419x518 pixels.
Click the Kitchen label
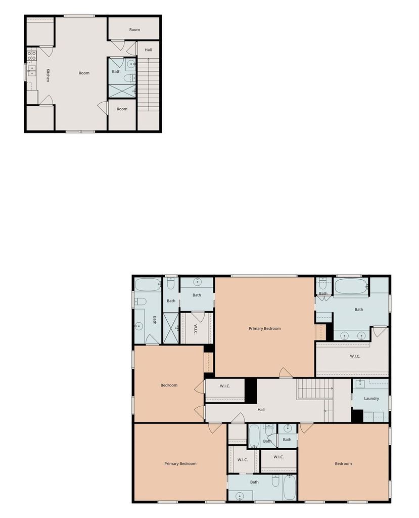(x=48, y=75)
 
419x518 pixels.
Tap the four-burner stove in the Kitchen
(x=32, y=56)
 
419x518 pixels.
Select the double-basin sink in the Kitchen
(x=32, y=71)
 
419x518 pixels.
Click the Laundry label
(x=371, y=399)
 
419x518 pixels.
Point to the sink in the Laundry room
(x=360, y=384)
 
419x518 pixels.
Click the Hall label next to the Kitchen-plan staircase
(x=148, y=50)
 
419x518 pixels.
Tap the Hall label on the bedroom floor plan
(x=261, y=410)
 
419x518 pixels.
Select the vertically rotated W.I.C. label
(x=196, y=329)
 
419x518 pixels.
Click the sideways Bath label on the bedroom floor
(x=155, y=320)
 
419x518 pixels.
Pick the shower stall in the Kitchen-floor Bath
(x=122, y=91)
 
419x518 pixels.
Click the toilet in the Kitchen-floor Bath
(x=129, y=78)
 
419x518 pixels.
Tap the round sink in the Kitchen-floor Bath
(x=131, y=64)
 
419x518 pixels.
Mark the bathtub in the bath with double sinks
(x=351, y=287)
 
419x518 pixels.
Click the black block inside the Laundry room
(x=357, y=416)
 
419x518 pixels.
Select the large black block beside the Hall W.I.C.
(x=251, y=391)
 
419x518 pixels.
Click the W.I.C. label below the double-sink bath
(x=355, y=356)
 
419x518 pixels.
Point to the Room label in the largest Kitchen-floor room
(x=84, y=73)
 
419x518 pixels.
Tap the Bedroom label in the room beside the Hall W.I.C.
(x=169, y=385)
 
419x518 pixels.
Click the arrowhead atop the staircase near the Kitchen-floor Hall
(x=148, y=60)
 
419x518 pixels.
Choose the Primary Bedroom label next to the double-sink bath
(x=265, y=328)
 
